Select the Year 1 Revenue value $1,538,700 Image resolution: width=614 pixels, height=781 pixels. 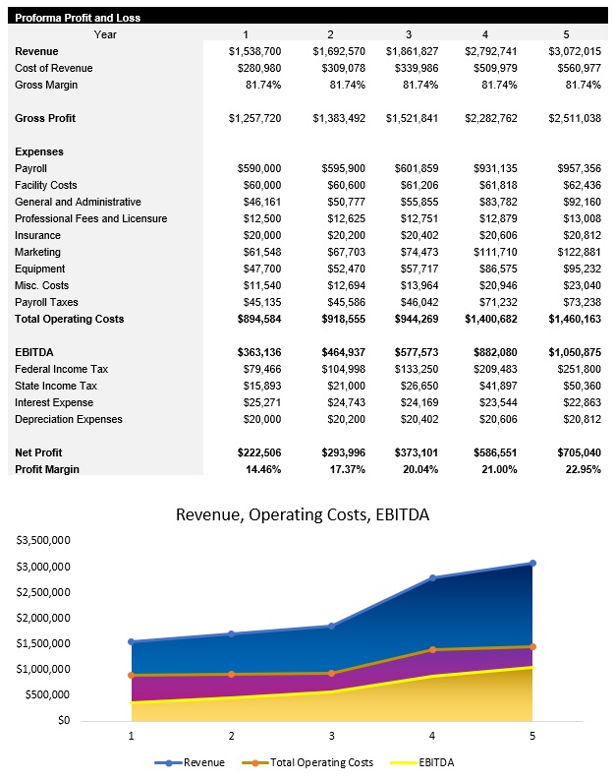click(x=254, y=51)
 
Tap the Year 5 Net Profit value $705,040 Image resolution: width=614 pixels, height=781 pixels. click(x=575, y=452)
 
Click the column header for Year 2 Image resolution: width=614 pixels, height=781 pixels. click(x=330, y=34)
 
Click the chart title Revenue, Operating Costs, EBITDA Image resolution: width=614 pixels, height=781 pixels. click(x=302, y=514)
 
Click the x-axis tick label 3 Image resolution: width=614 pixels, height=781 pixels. click(x=331, y=734)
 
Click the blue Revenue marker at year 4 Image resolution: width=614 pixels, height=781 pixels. click(x=431, y=578)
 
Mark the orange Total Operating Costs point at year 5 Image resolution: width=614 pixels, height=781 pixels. click(x=531, y=647)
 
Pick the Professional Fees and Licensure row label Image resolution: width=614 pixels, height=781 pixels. click(x=90, y=218)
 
